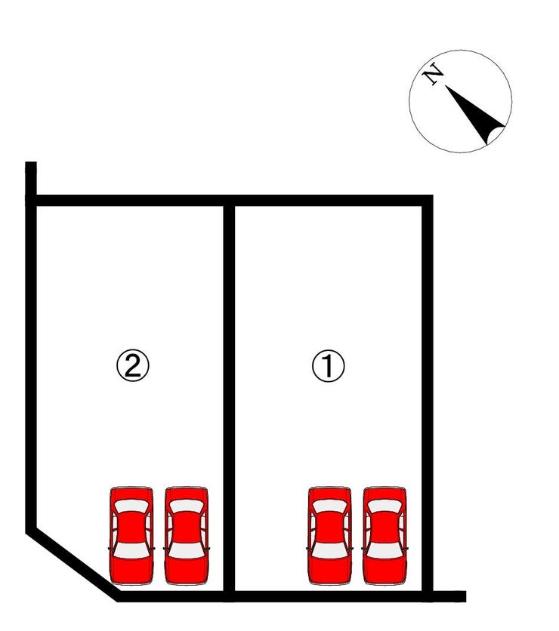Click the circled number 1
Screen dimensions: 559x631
(x=329, y=366)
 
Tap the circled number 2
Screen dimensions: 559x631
(x=132, y=366)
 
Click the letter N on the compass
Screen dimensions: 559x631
(x=433, y=74)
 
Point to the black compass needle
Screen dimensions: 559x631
(x=475, y=115)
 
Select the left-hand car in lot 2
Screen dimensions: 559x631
(x=131, y=536)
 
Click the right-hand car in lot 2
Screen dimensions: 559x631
(x=187, y=536)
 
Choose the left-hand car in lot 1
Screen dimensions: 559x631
(x=329, y=536)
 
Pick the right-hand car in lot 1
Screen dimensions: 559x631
(x=385, y=536)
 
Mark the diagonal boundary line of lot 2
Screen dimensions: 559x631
(x=73, y=563)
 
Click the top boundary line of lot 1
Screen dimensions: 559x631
(x=331, y=201)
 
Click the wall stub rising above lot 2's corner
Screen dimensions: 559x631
(x=31, y=178)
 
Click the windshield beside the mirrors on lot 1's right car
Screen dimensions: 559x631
(x=385, y=550)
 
